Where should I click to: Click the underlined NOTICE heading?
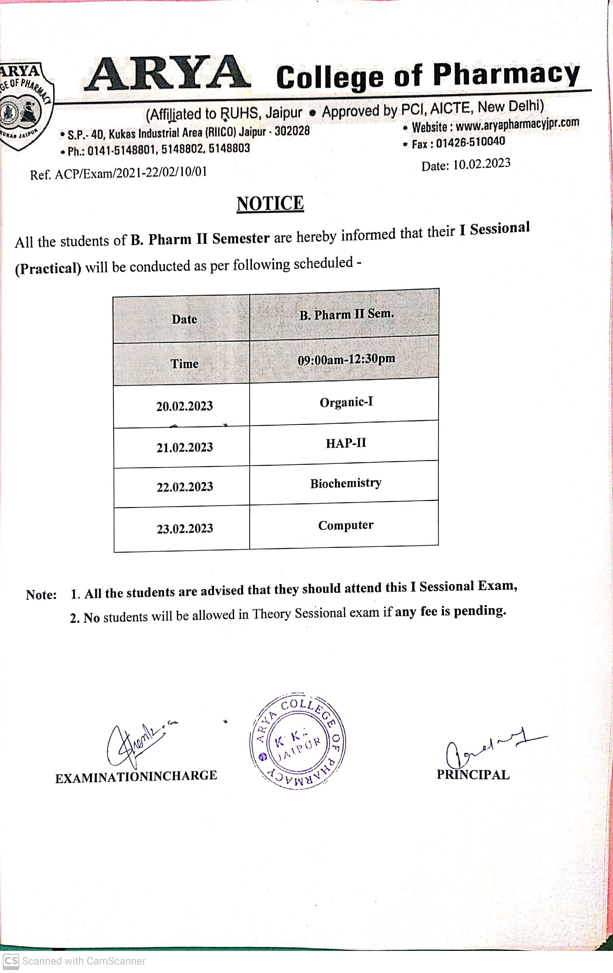pyautogui.click(x=270, y=204)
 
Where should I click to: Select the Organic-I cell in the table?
pyautogui.click(x=346, y=402)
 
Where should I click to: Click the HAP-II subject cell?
pyautogui.click(x=346, y=443)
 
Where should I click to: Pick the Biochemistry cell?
pyautogui.click(x=346, y=483)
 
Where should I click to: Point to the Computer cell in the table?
pyautogui.click(x=346, y=525)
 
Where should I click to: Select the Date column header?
pyautogui.click(x=184, y=319)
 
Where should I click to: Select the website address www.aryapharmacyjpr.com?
pyautogui.click(x=517, y=124)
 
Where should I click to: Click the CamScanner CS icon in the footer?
pyautogui.click(x=11, y=961)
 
